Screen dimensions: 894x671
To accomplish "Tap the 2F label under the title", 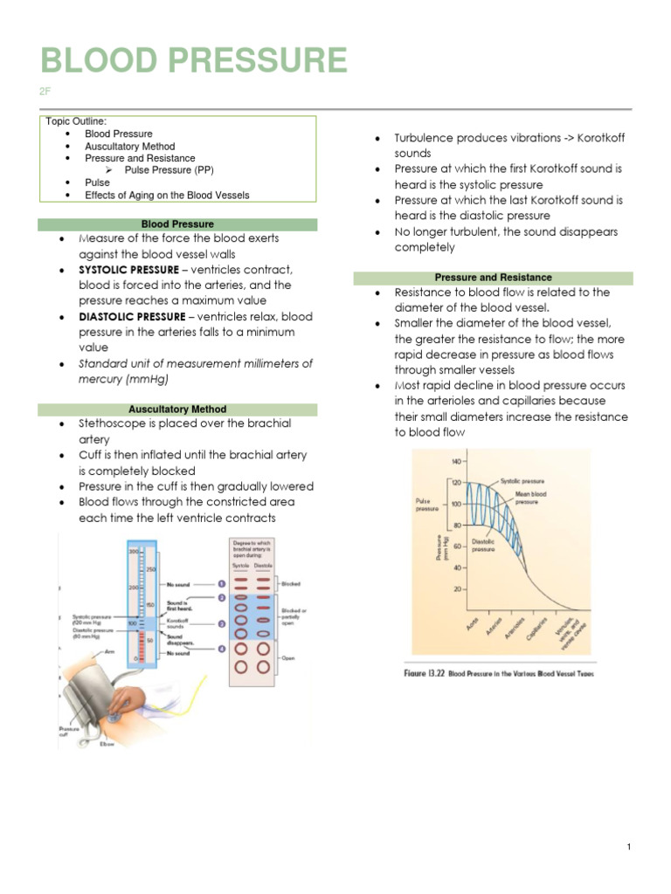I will (46, 91).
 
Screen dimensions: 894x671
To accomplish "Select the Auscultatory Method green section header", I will (177, 409).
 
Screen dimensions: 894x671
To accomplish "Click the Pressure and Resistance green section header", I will (494, 278).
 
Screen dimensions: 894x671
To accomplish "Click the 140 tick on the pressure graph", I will (455, 460).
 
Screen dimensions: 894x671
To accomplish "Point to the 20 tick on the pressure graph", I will (457, 589).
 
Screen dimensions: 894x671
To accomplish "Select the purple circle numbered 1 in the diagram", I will (221, 583).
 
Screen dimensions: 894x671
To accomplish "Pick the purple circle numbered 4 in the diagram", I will (221, 648).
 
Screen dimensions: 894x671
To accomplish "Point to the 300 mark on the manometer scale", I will (135, 553).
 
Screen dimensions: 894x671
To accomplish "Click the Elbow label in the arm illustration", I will (107, 744).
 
